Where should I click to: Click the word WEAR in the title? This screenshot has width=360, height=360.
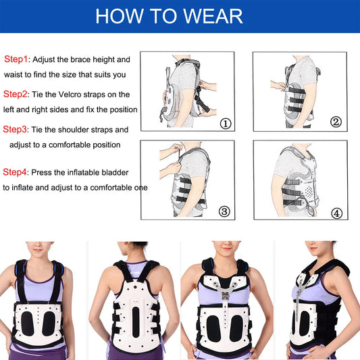click(213, 16)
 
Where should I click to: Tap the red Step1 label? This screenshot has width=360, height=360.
click(16, 59)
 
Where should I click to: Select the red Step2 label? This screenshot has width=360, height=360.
click(15, 94)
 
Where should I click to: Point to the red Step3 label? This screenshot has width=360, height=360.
click(15, 129)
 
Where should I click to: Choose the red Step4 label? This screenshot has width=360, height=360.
click(15, 172)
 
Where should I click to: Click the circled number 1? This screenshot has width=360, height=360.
click(226, 124)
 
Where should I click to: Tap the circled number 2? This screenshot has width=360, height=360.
click(336, 122)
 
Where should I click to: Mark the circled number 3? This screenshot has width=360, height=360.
click(224, 211)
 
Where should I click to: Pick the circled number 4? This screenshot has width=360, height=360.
click(336, 213)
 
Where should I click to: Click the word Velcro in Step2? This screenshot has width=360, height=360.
click(70, 95)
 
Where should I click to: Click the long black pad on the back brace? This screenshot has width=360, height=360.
click(136, 322)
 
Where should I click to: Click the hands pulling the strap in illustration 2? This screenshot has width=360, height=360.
click(278, 86)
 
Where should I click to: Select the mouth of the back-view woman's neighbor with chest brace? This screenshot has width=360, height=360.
click(227, 249)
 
